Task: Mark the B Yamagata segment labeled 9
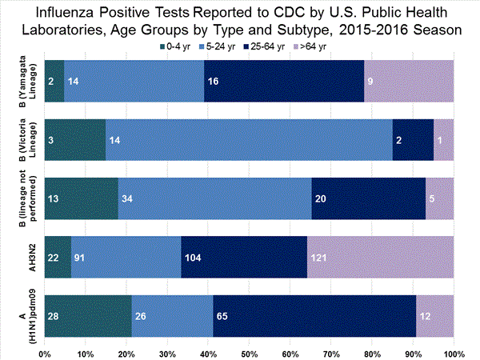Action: (409, 81)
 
